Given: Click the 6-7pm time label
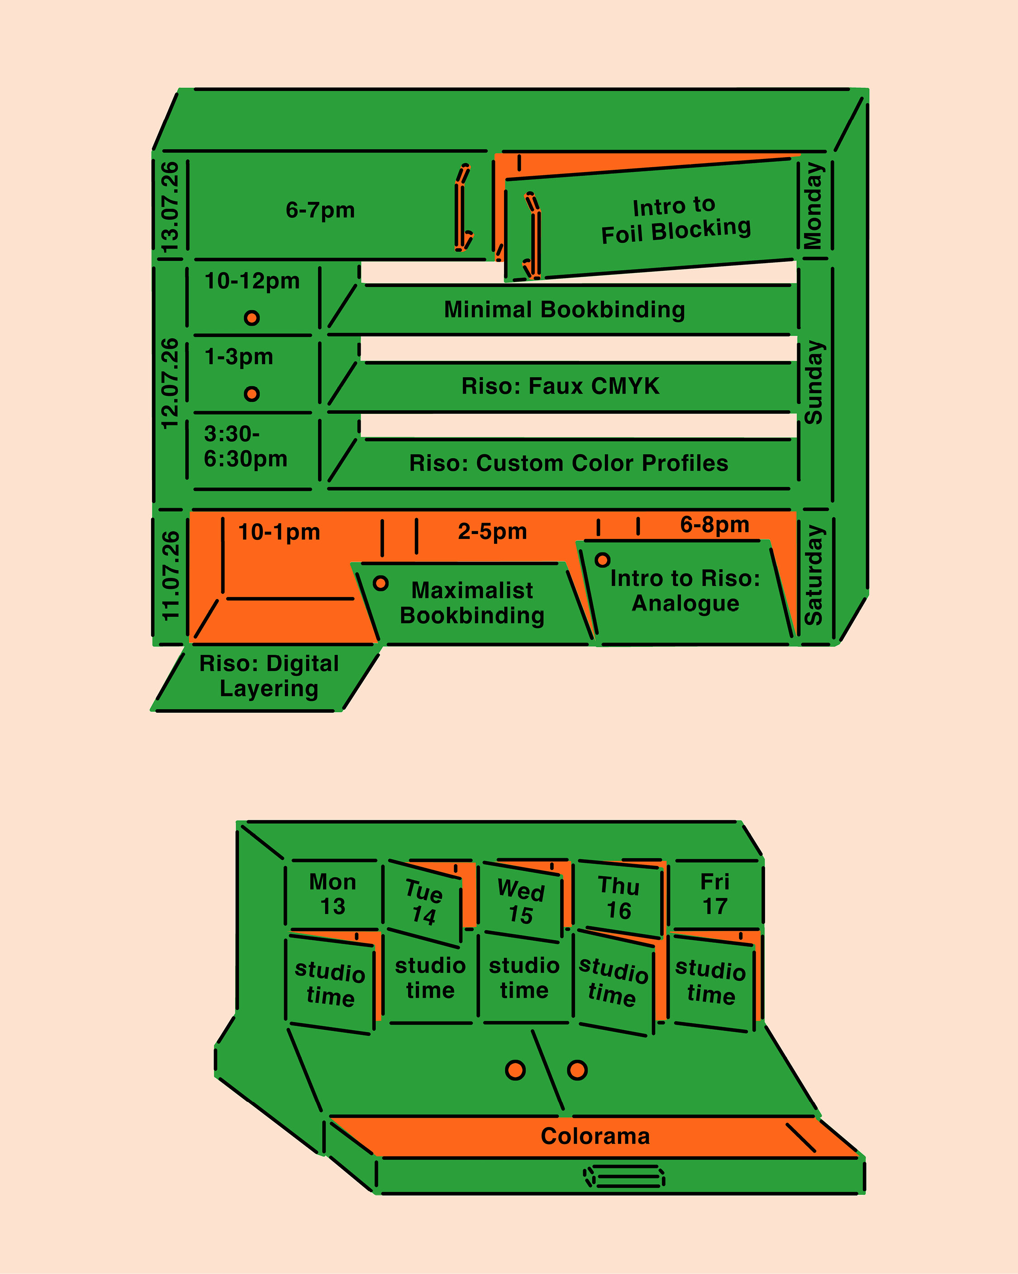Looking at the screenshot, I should click(320, 210).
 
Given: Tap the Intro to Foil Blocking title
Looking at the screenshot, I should click(675, 220).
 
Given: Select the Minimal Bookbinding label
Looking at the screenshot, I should click(565, 310).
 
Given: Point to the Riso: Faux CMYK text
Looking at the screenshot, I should click(561, 386).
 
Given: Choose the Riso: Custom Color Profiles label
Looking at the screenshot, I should click(569, 463).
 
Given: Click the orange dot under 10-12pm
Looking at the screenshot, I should click(252, 318).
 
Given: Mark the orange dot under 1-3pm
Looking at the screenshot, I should click(252, 394).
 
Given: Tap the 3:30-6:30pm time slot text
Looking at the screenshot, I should click(245, 446).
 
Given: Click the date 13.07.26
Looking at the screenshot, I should click(170, 207).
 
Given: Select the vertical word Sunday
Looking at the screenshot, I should click(813, 382).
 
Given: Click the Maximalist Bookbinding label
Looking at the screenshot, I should click(472, 603).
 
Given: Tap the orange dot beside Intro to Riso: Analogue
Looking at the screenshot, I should click(602, 560).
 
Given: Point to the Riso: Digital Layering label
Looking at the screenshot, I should click(269, 676).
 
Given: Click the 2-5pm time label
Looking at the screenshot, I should click(492, 531).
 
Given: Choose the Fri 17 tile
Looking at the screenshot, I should click(714, 894).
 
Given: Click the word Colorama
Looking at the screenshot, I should click(595, 1136).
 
